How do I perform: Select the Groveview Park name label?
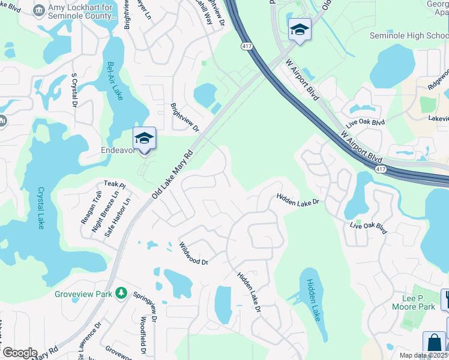[x=83, y=294]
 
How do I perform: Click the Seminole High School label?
[x=409, y=35]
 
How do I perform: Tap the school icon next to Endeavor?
[x=144, y=139]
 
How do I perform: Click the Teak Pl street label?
[x=113, y=184]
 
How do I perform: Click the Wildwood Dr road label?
[x=193, y=254]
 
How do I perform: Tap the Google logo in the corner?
[x=19, y=353]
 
